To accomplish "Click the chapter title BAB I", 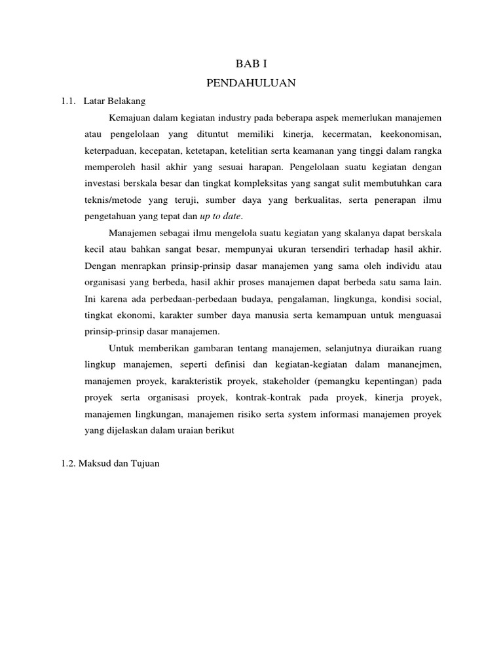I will pos(251,64).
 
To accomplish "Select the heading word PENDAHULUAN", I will pos(251,83).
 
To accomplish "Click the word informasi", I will pos(342,414).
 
